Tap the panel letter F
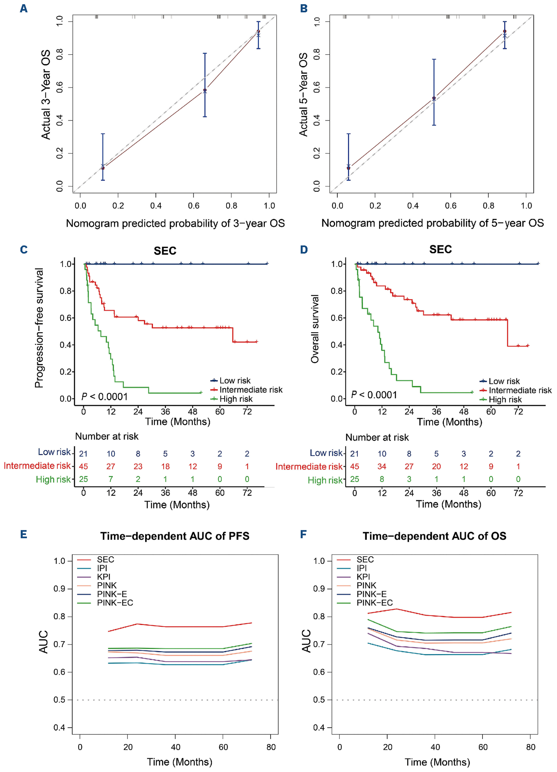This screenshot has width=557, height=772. point(303,534)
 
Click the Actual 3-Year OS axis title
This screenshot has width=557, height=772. point(46,95)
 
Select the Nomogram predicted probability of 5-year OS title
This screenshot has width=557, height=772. point(432,223)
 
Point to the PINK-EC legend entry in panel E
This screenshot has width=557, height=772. point(115,603)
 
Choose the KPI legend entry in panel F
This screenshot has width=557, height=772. point(363,577)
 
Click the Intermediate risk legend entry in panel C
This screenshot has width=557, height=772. point(251,390)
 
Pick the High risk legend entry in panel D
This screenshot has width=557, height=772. point(505,399)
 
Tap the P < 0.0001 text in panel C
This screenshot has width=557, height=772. point(105,396)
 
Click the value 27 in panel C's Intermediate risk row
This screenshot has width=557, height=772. point(111,466)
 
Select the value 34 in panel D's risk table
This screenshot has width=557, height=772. point(382,466)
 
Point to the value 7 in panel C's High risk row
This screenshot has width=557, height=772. point(111,479)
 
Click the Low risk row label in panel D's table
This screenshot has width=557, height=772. point(326,453)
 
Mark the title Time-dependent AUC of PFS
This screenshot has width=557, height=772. point(175,536)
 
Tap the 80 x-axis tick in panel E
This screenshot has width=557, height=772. point(271,747)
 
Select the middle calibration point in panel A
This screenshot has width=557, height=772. point(205,90)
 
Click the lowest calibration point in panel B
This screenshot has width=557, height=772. point(348,168)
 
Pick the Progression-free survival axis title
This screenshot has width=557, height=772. point(39,328)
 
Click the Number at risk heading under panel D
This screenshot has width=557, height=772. point(377,438)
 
